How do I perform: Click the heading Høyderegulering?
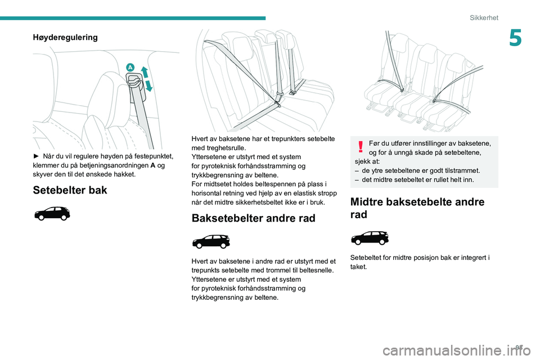65,38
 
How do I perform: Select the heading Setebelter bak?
70,190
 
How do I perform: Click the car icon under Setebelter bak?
52,214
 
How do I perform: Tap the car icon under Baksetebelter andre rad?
210,242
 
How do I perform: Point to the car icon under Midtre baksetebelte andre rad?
369,237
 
